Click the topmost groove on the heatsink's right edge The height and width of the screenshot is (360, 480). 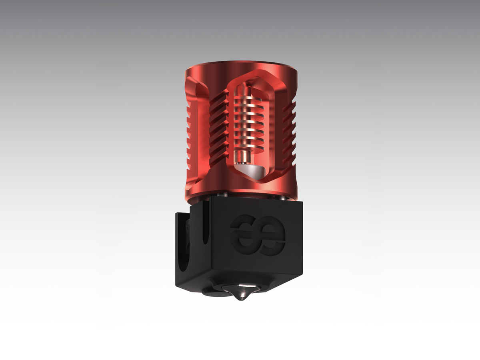[x=290, y=107]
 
